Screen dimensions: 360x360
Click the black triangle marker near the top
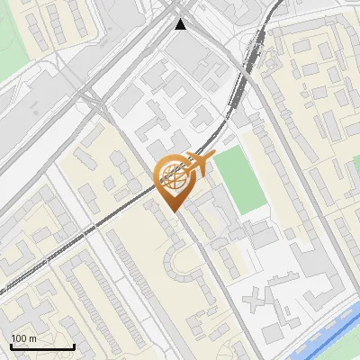pyautogui.click(x=182, y=24)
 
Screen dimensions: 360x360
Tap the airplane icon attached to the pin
pyautogui.click(x=199, y=163)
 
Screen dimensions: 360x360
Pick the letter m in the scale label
pyautogui.click(x=33, y=338)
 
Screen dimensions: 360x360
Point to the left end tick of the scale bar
pyautogui.click(x=11, y=345)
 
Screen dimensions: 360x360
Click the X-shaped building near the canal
pyautogui.click(x=261, y=296)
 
